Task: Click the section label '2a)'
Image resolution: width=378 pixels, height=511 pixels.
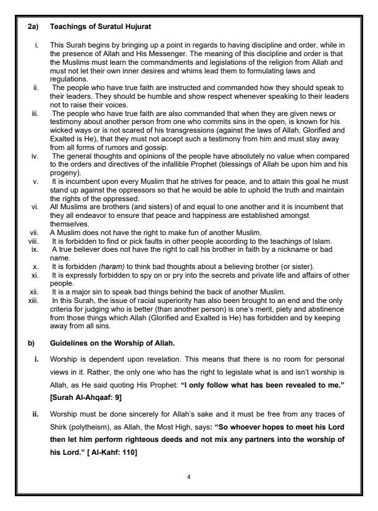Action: (35, 27)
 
